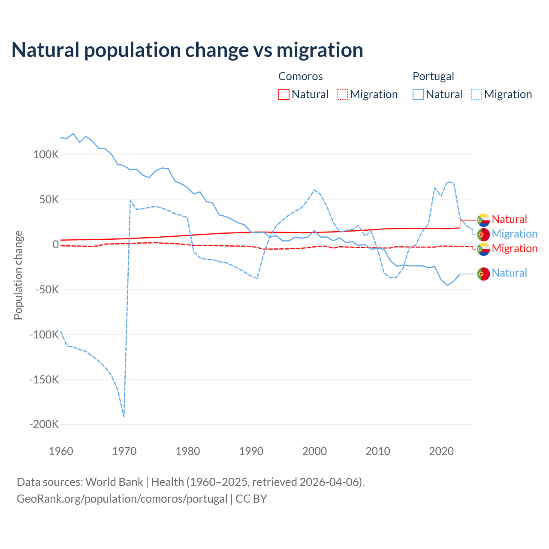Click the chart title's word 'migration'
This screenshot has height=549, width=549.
pyautogui.click(x=320, y=50)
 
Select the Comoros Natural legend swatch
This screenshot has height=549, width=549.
pyautogui.click(x=284, y=94)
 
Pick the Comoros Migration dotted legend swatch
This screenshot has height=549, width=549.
pyautogui.click(x=342, y=94)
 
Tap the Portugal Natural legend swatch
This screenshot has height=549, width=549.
pyautogui.click(x=418, y=94)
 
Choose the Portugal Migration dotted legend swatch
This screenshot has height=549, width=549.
pyautogui.click(x=477, y=94)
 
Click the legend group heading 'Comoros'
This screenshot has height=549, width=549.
pyautogui.click(x=300, y=76)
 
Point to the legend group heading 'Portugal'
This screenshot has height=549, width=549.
pyautogui.click(x=433, y=76)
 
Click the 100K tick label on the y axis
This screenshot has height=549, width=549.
pyautogui.click(x=46, y=155)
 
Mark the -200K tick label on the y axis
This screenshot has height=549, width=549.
pyautogui.click(x=44, y=425)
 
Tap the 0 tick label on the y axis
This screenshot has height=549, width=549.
pyautogui.click(x=56, y=244)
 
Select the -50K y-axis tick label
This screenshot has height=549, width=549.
pyautogui.click(x=46, y=290)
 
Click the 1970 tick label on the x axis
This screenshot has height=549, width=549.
pyautogui.click(x=124, y=451)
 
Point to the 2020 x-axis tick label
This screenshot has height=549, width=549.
pyautogui.click(x=441, y=451)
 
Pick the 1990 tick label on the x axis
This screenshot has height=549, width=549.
pyautogui.click(x=251, y=451)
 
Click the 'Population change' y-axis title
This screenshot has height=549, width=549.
pyautogui.click(x=18, y=275)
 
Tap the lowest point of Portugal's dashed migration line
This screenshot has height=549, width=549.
pyautogui.click(x=124, y=416)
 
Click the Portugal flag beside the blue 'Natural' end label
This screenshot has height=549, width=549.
pyautogui.click(x=483, y=274)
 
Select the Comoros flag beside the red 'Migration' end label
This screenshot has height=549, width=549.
pyautogui.click(x=483, y=249)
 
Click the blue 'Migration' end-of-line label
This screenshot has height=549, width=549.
pyautogui.click(x=514, y=234)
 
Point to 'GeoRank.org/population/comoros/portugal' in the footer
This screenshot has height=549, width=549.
pyautogui.click(x=122, y=499)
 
